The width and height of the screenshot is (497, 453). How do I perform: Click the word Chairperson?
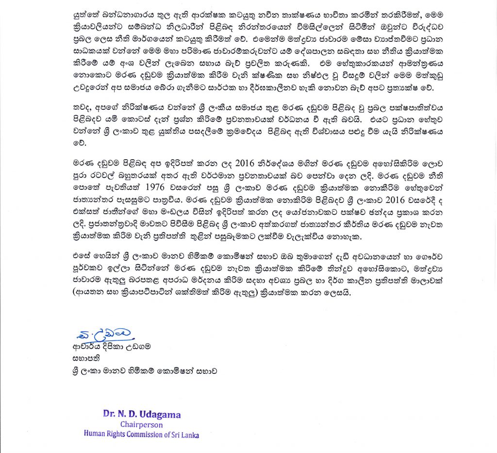tap(136, 424)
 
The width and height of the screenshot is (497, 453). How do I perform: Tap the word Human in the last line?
tap(95, 434)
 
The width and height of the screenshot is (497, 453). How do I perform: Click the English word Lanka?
tap(190, 434)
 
